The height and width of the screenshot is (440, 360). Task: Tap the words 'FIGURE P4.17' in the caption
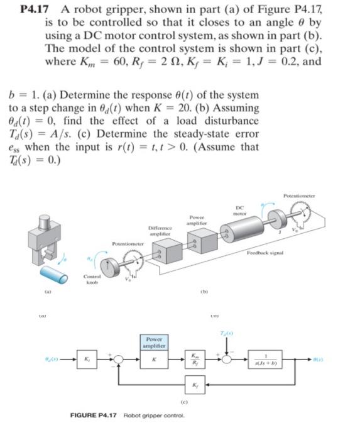(92, 415)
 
